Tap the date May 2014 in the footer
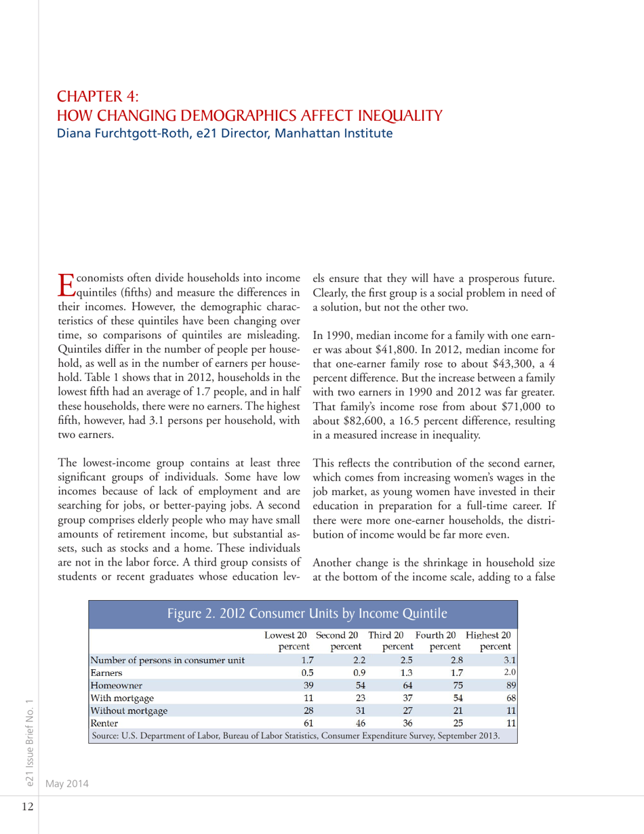(68, 783)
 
